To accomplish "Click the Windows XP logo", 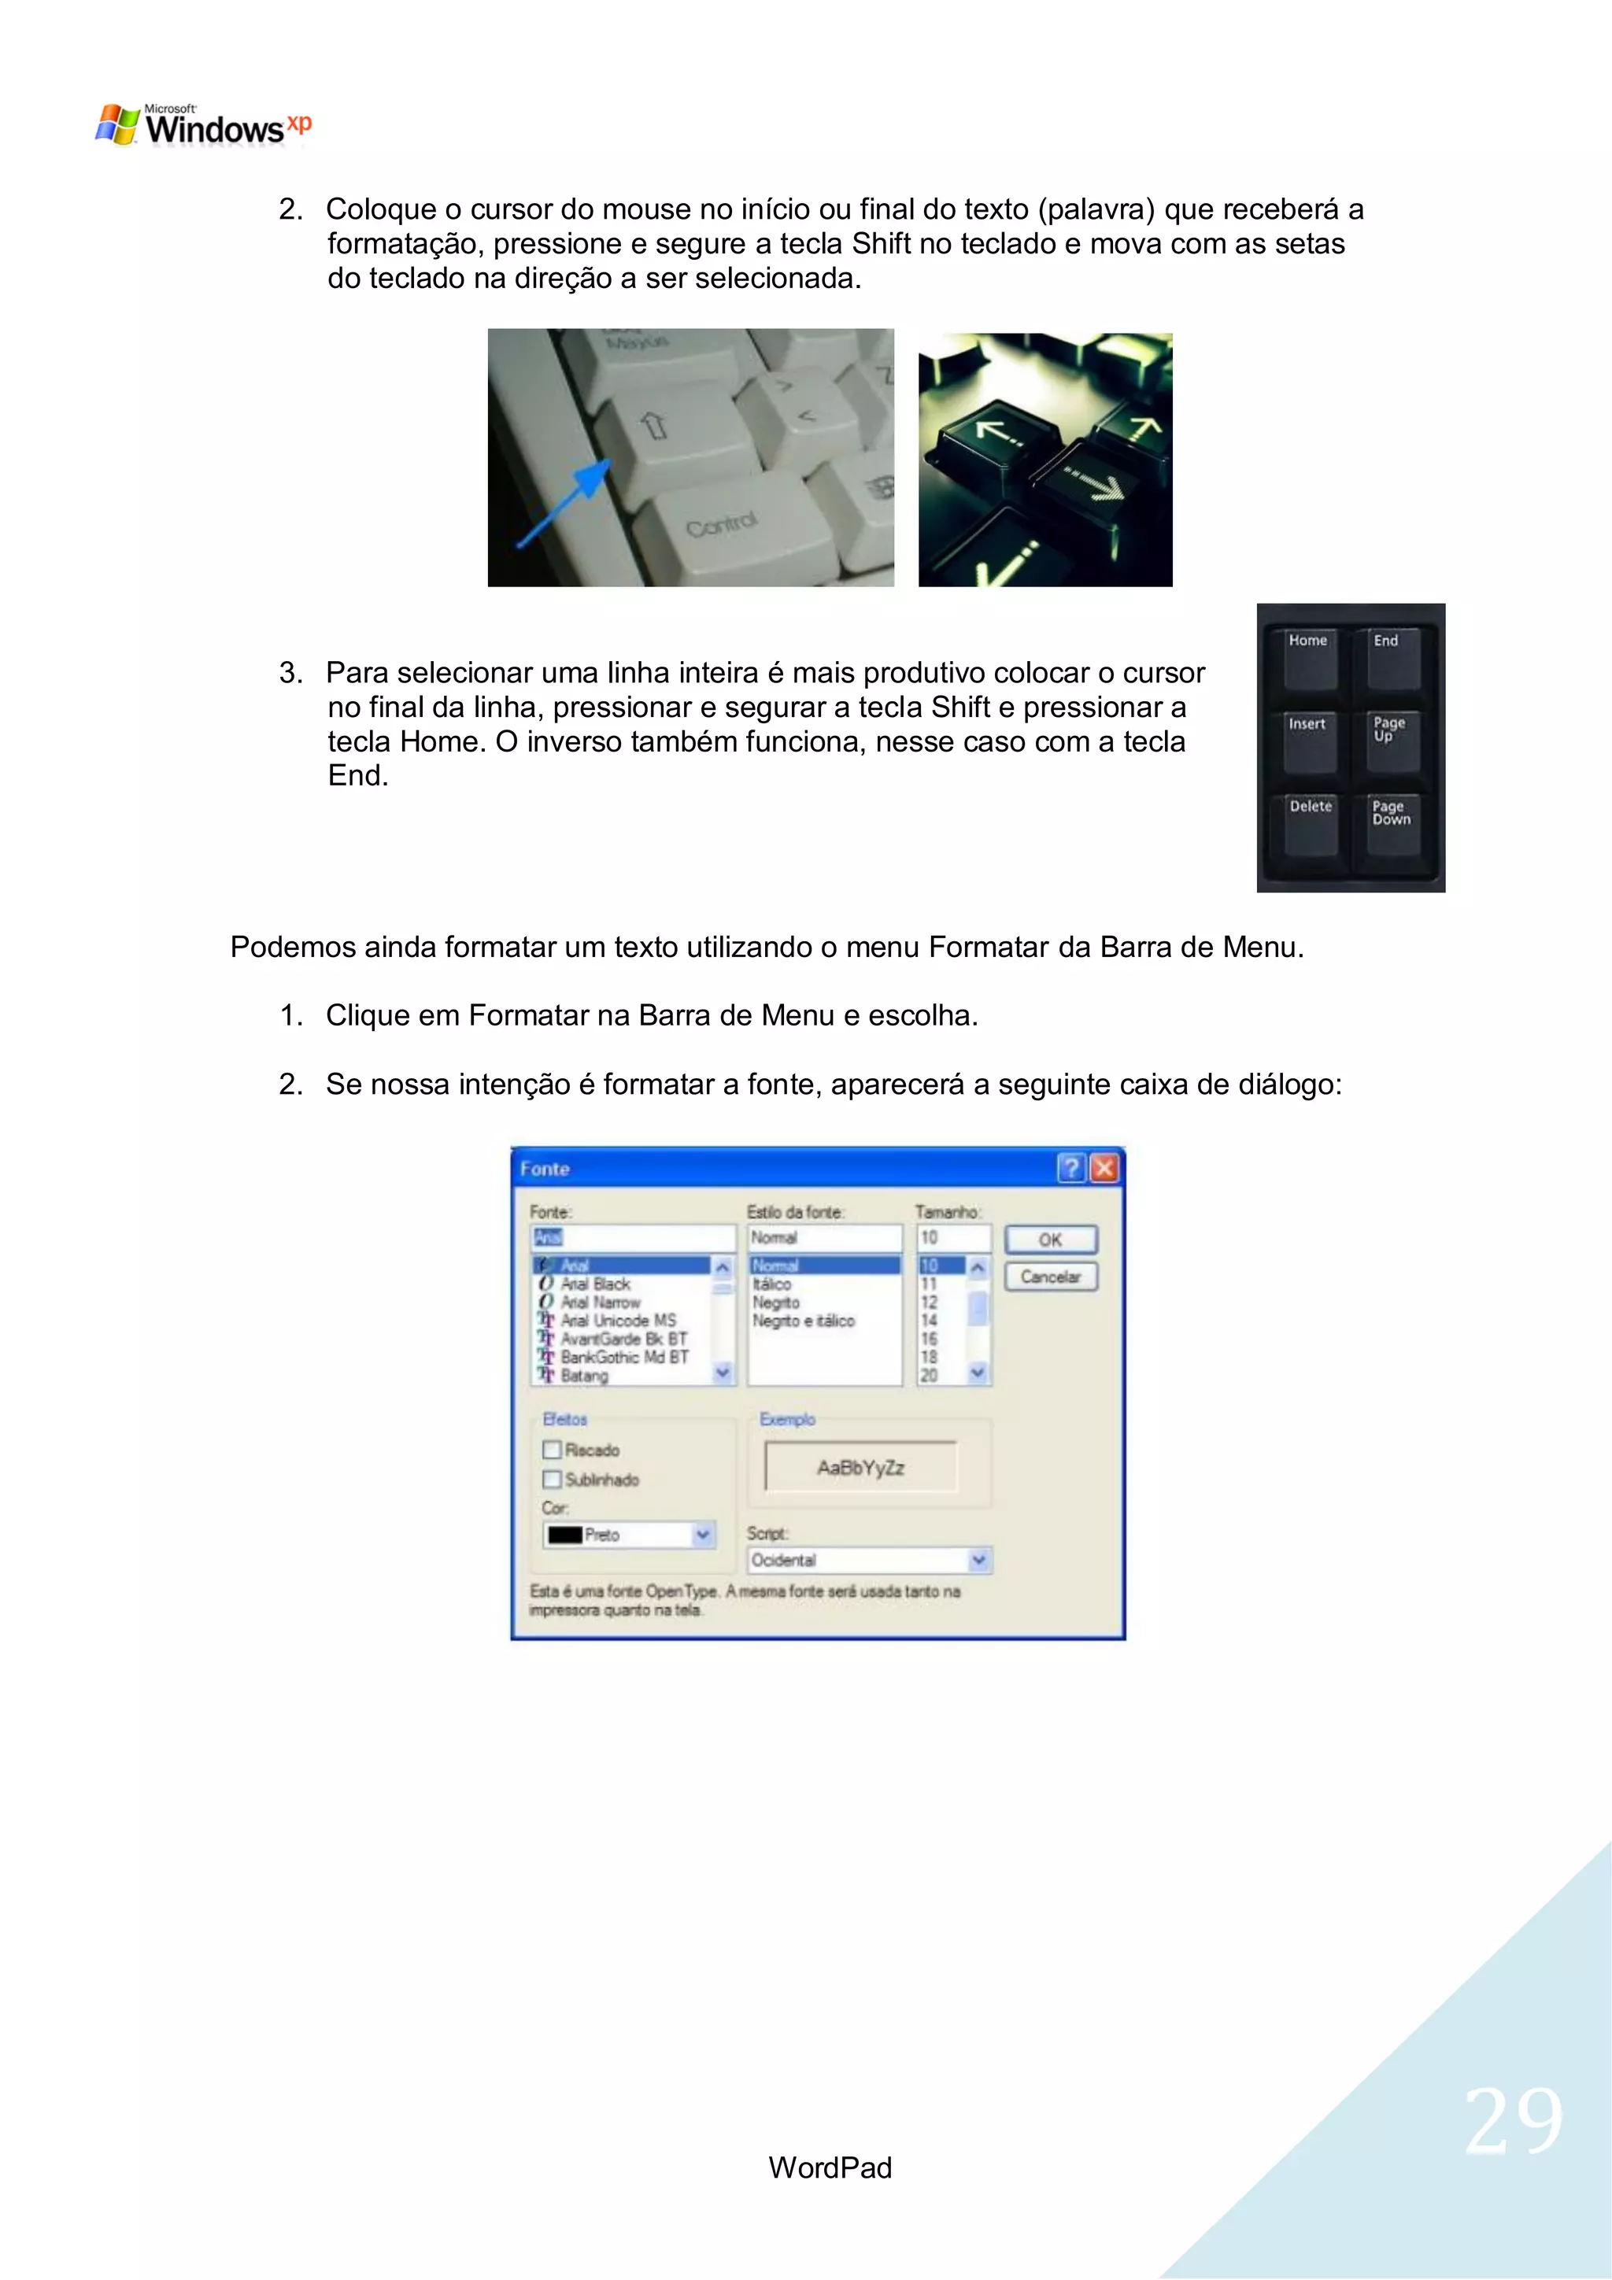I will coord(202,126).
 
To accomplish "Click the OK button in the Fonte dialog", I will coord(1050,1240).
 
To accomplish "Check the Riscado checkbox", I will coord(553,1450).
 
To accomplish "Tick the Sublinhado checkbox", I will coord(553,1480).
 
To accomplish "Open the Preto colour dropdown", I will coord(702,1535).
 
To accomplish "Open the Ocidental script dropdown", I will coord(978,1560).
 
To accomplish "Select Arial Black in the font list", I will coord(595,1284).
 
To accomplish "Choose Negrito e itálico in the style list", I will coord(803,1321).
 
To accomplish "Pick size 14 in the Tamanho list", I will coord(929,1321).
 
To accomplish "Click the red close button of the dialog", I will coord(1104,1168).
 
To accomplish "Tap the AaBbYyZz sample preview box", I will coord(860,1467).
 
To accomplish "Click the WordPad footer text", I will coord(830,2167).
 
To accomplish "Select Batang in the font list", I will coord(584,1376).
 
